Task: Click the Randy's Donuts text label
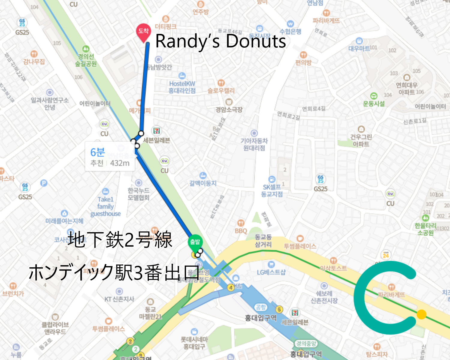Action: (220, 41)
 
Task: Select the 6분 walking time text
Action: (97, 152)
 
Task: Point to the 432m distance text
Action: (120, 163)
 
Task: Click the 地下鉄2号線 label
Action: (120, 240)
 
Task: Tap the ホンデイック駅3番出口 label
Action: (114, 272)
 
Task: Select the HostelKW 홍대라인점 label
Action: (182, 87)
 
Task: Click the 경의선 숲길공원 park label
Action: (86, 60)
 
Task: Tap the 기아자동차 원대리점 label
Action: (254, 144)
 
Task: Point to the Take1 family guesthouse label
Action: (106, 206)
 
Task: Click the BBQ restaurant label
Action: (241, 231)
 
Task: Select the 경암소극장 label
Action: (229, 109)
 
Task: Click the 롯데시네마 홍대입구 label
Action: (194, 343)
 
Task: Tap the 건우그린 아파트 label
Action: (361, 140)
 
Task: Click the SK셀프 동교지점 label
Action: (272, 190)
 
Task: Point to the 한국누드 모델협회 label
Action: (138, 194)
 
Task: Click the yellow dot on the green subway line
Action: (421, 314)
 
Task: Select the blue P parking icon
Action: (44, 183)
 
